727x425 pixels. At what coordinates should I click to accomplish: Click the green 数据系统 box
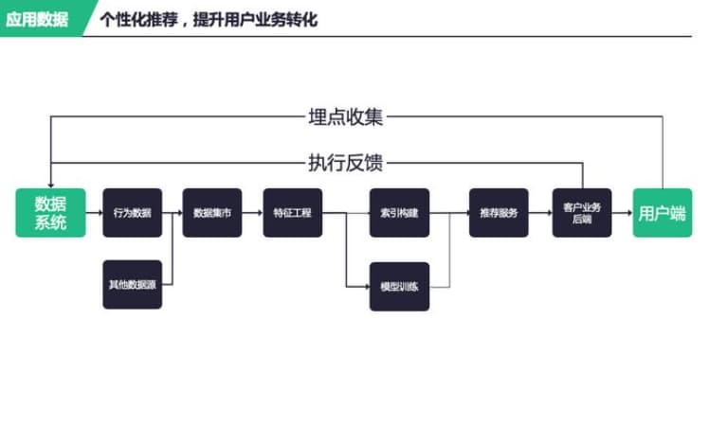tap(50, 213)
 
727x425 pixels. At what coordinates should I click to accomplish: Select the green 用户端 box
tap(662, 213)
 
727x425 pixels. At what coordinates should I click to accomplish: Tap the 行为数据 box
tap(132, 213)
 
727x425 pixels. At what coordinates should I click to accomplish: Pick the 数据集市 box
tap(211, 213)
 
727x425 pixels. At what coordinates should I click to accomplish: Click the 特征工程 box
tap(292, 213)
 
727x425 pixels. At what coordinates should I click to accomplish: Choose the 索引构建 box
tap(399, 213)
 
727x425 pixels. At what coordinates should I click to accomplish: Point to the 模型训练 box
tap(399, 286)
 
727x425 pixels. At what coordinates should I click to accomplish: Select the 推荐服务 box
tap(499, 213)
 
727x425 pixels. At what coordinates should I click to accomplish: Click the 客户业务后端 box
tap(582, 213)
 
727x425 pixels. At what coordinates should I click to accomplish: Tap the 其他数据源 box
tap(132, 284)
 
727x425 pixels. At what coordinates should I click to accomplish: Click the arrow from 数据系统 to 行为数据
tap(93, 213)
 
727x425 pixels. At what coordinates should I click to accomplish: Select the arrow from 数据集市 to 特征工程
tap(251, 213)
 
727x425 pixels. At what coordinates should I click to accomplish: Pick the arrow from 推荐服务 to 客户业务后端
tap(539, 213)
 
